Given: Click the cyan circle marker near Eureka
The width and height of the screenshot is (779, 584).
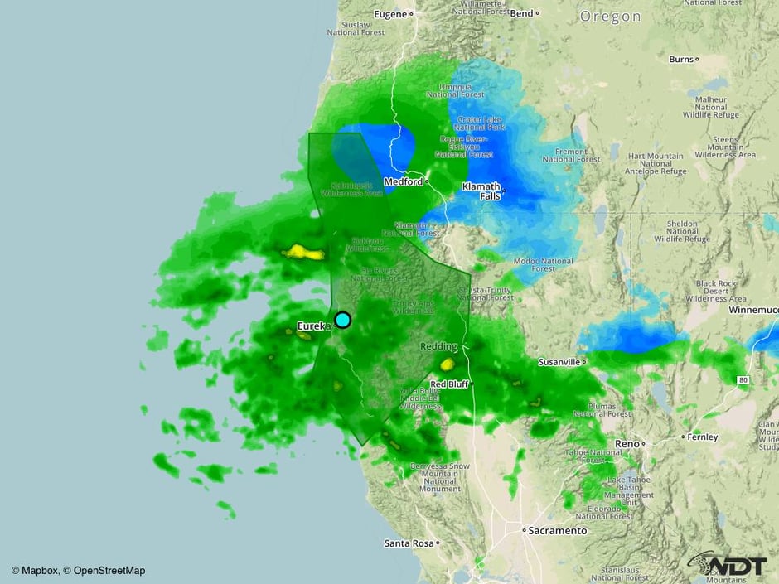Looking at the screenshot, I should click(342, 320).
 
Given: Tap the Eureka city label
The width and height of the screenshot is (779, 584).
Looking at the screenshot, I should click(314, 326).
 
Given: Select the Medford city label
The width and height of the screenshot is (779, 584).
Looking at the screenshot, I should click(404, 181).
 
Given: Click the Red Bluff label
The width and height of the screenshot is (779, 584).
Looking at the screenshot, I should click(450, 384).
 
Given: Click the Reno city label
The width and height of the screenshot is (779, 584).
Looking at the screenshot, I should click(627, 443).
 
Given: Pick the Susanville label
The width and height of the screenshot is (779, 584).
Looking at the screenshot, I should click(559, 362).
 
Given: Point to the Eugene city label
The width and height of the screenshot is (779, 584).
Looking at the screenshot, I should click(392, 14).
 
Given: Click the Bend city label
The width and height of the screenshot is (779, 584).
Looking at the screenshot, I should click(522, 13).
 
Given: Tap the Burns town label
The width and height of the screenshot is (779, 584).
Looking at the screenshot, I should click(680, 59).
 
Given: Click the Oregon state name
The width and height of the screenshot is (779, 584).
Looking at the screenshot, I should click(610, 17).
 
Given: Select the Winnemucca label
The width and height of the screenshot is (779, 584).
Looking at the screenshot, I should click(753, 310).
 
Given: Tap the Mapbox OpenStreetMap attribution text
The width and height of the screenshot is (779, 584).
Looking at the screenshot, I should click(78, 570).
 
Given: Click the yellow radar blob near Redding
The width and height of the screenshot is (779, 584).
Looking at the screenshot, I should click(448, 364).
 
